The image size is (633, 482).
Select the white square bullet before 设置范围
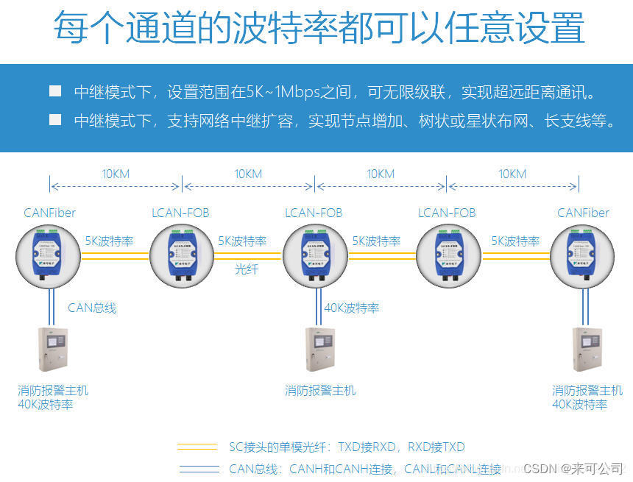(x=55, y=91)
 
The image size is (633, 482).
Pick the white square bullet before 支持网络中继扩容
(x=55, y=119)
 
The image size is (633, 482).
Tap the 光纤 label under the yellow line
(x=247, y=269)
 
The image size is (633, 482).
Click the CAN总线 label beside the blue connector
(x=92, y=308)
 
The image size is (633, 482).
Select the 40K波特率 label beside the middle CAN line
(x=352, y=308)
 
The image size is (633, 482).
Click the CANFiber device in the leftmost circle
(x=49, y=255)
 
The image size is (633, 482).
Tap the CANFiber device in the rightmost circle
(x=582, y=255)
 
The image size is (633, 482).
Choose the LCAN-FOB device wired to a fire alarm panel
(x=314, y=255)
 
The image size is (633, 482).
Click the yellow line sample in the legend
(x=198, y=447)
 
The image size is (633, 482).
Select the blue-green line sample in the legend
(x=198, y=468)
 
